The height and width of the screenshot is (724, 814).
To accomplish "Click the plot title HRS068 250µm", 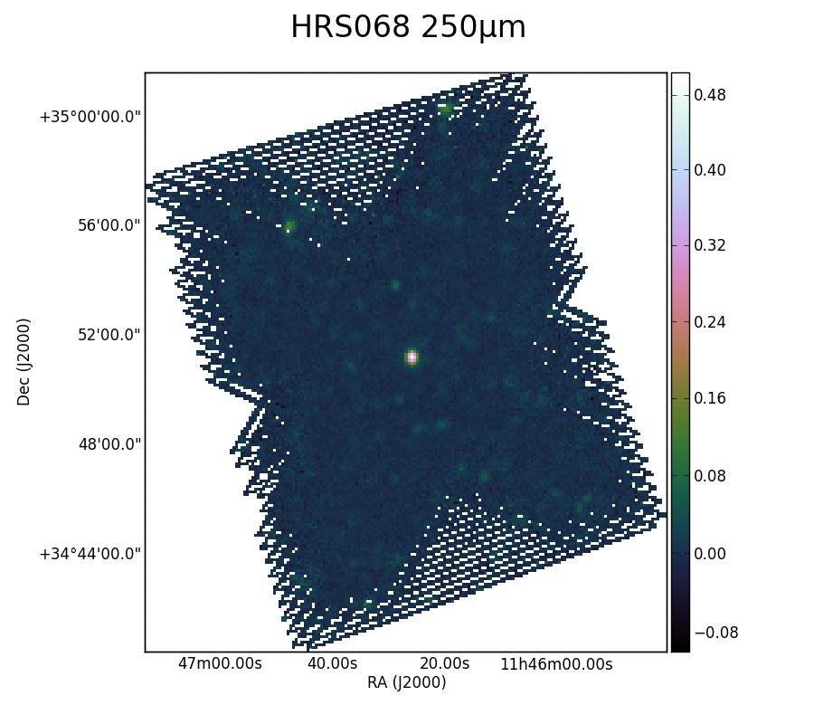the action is click(408, 27).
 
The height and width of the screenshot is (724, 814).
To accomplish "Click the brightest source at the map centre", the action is click(412, 357).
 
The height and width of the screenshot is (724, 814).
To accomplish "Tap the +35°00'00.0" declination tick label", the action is click(90, 117).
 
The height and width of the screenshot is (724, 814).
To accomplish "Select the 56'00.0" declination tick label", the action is click(109, 226).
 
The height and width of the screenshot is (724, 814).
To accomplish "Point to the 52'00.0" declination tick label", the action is click(109, 335).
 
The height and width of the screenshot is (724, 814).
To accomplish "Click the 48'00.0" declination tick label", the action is click(109, 444).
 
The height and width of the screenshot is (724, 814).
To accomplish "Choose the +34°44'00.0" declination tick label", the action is click(90, 554).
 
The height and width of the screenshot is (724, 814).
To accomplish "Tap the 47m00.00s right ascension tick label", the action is click(220, 663).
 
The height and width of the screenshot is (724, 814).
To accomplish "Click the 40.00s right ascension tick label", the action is click(332, 663).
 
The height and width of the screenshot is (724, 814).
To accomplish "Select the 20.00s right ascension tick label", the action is click(444, 663).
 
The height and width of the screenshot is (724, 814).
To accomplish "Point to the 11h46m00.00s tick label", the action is click(556, 663).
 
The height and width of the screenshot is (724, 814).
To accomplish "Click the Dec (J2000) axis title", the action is click(24, 362).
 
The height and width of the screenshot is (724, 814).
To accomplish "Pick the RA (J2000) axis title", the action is click(406, 682).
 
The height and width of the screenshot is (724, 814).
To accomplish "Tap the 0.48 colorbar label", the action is click(710, 95).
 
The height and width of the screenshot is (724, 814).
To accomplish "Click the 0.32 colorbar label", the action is click(710, 244).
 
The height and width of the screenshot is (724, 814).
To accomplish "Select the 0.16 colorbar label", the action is click(710, 398).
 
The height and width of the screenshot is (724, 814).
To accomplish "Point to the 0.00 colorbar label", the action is click(710, 554).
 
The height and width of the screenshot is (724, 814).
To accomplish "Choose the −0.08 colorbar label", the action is click(716, 633).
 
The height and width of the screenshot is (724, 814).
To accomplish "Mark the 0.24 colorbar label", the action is click(710, 322).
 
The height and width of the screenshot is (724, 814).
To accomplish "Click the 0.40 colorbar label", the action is click(710, 170).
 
